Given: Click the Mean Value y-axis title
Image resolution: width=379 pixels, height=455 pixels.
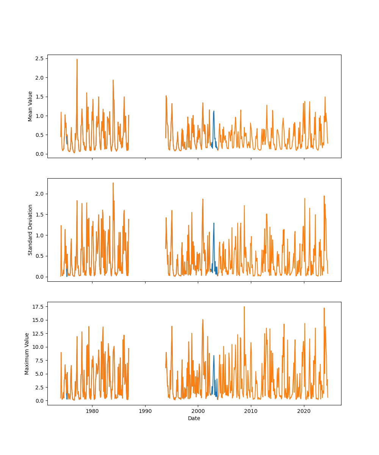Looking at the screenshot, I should [x=30, y=106].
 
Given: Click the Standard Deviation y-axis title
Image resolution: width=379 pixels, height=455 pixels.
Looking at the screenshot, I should [x=30, y=230].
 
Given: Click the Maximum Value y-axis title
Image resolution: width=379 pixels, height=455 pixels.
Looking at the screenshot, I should [x=27, y=353].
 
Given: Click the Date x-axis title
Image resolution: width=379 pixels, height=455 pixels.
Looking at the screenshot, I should [x=194, y=418].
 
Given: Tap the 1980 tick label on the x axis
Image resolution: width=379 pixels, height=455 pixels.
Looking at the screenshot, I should [x=92, y=411].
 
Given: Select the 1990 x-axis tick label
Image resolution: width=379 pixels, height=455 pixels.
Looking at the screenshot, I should [x=145, y=411].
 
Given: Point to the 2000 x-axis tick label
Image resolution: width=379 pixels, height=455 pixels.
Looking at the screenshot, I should [x=198, y=411].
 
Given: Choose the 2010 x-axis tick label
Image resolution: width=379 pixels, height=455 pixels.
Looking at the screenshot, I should [x=251, y=411].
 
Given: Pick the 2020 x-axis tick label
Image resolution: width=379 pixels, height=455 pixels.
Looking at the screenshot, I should [x=304, y=411].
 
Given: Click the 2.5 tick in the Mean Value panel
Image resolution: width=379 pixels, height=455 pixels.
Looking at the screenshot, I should [x=39, y=58].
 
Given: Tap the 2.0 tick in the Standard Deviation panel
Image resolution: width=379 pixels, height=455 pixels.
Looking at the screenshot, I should [x=39, y=194].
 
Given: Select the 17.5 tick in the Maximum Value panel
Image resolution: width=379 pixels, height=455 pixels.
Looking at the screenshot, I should [x=38, y=306].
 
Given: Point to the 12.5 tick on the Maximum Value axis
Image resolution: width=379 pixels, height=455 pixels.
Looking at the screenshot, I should [x=38, y=333].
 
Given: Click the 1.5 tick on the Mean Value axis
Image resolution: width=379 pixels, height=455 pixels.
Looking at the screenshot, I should [x=39, y=97].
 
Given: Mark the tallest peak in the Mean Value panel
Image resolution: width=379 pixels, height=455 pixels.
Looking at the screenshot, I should [x=77, y=59].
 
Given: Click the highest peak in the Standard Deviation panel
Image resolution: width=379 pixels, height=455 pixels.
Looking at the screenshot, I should [x=113, y=183].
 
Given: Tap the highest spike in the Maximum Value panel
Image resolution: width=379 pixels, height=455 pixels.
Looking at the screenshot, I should [x=244, y=307].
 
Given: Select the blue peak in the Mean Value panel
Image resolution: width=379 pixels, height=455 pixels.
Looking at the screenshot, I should [x=214, y=111].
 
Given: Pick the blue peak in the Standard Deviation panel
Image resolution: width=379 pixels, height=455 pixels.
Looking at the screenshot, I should [x=214, y=223].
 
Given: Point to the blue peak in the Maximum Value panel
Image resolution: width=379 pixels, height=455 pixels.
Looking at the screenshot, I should [x=214, y=355].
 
